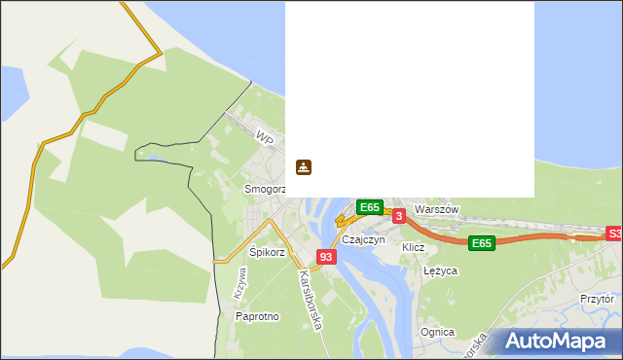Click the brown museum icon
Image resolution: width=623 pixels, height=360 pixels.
point(304,167)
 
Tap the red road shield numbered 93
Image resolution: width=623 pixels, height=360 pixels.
point(326,257)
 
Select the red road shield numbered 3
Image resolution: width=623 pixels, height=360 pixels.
point(398,214)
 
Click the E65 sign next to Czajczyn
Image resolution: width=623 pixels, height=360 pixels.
point(369,207)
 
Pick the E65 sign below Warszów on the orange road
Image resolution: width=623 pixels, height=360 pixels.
point(481,243)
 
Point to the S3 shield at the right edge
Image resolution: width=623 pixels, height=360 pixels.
point(614,234)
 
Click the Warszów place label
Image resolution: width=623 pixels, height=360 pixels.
point(435,209)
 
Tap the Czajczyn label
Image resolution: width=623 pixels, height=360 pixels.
point(364,238)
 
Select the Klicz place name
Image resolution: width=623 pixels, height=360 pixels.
point(414,247)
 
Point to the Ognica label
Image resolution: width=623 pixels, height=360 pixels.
point(437,332)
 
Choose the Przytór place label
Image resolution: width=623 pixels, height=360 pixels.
point(597,300)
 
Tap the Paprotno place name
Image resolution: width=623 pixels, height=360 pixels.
point(257,316)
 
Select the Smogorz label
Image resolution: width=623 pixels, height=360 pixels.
point(264,188)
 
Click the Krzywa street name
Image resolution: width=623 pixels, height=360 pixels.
point(240,282)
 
